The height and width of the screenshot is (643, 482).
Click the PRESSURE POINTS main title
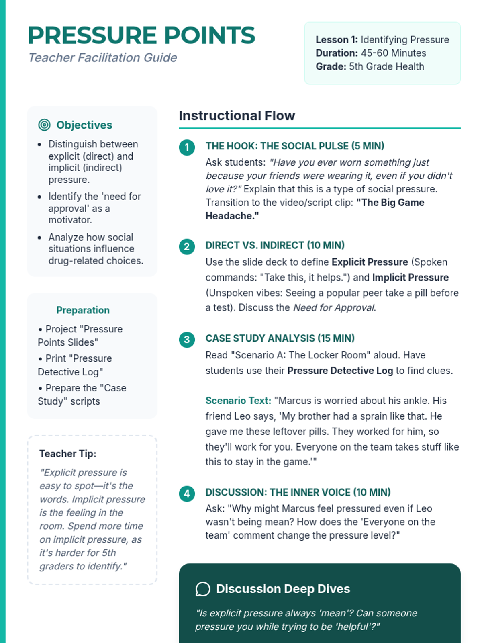point(141,35)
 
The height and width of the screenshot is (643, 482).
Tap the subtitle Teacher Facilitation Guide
point(102,58)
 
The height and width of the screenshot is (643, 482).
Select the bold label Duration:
point(336,53)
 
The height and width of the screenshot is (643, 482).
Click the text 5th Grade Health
point(386,66)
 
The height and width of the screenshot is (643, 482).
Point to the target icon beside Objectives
point(44,125)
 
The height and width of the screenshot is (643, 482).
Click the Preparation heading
point(83,310)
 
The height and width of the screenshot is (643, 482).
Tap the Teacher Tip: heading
point(67,454)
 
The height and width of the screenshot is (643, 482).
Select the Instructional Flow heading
point(237,116)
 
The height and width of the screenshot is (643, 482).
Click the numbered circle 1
point(187,147)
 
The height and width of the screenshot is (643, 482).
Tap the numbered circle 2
point(187,246)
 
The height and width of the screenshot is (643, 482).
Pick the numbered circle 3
point(187,340)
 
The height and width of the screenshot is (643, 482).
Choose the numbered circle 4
point(187,494)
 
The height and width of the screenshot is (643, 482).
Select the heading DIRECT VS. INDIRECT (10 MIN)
point(275,245)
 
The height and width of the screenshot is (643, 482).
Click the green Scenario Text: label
point(238,401)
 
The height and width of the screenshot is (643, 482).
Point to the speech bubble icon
point(203,589)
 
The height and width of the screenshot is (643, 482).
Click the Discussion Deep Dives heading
point(283,589)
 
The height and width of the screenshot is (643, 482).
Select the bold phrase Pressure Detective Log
point(340,371)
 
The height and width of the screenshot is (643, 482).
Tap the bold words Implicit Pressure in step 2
point(410,278)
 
